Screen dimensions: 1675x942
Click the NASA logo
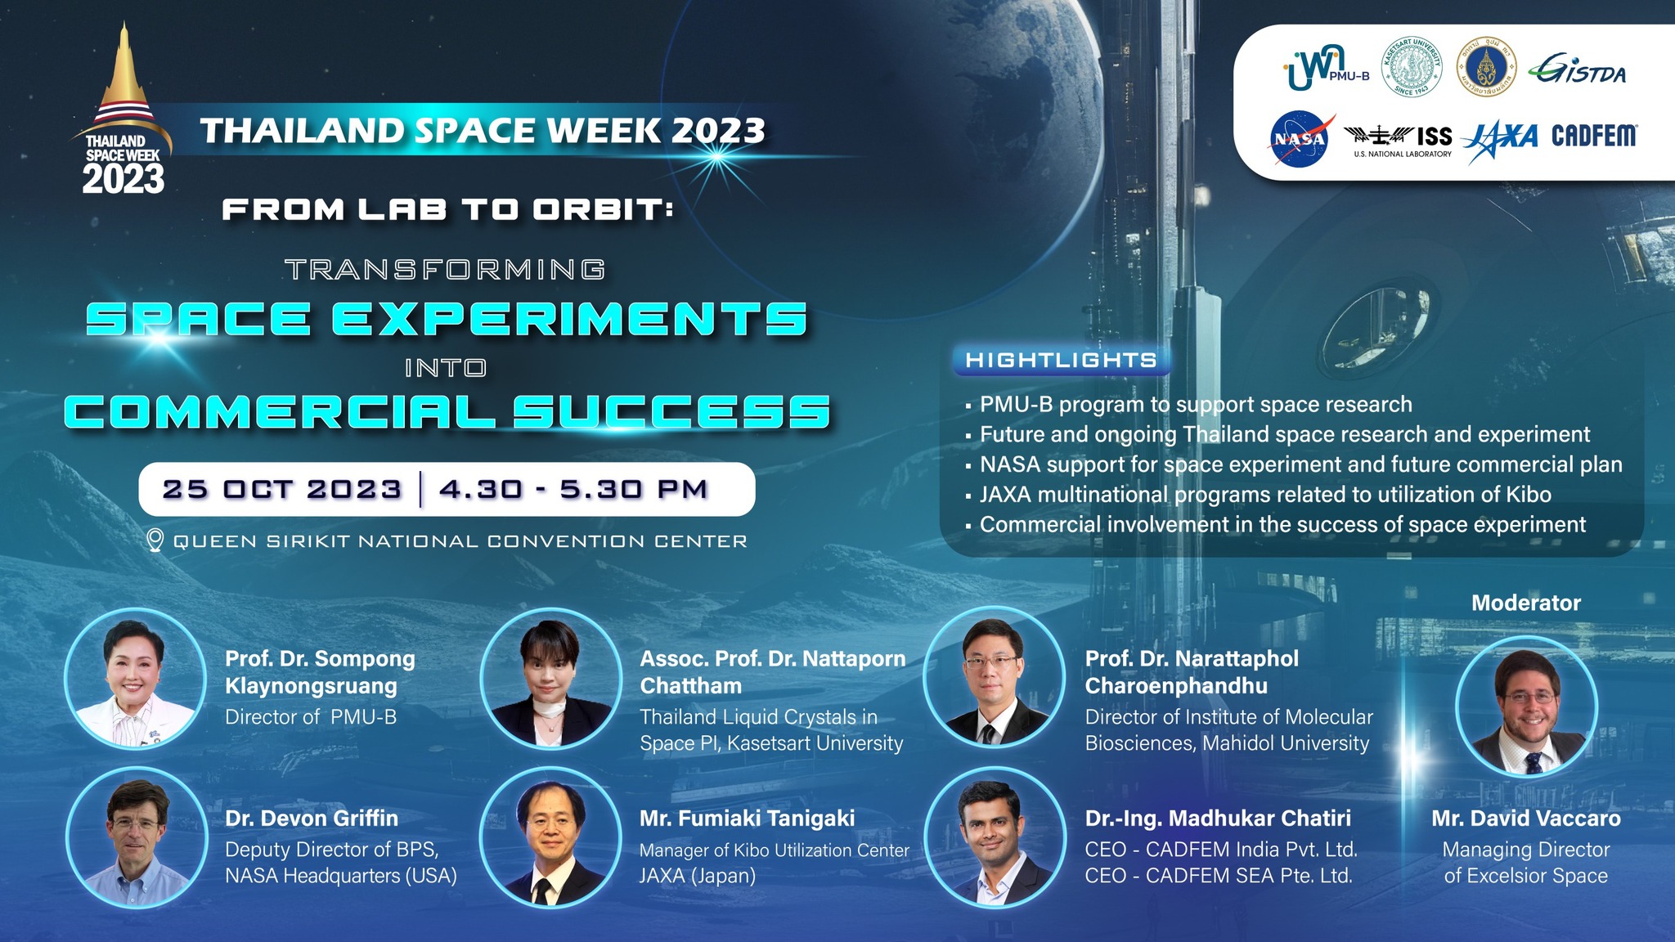(x=1299, y=139)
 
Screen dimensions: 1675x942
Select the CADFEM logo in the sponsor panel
(x=1594, y=135)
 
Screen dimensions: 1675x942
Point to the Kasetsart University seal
(x=1411, y=66)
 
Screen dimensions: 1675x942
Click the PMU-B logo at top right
(x=1325, y=69)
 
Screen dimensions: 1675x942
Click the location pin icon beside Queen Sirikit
(x=155, y=541)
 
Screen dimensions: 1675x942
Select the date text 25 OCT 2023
(x=281, y=489)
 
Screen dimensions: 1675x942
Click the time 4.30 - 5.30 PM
(x=573, y=489)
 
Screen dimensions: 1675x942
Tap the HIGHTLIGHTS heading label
(x=1061, y=360)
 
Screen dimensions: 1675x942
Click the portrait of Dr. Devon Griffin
(x=136, y=837)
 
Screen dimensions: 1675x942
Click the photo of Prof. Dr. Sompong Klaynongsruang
(x=136, y=678)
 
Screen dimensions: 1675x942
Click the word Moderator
(x=1526, y=603)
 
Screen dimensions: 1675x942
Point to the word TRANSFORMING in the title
(x=446, y=269)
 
